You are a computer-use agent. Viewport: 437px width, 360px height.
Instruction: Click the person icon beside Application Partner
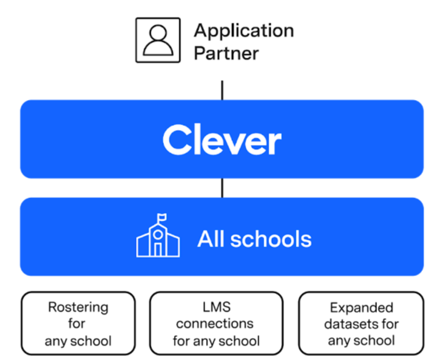tap(157, 40)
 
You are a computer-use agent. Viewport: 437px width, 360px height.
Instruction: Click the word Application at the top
tap(243, 31)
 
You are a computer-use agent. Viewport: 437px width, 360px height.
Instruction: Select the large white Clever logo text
tap(222, 140)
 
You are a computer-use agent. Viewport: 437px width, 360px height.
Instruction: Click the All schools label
tap(254, 239)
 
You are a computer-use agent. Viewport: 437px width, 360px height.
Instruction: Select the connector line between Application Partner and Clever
tap(222, 89)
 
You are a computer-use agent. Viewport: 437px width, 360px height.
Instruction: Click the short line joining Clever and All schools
tap(222, 188)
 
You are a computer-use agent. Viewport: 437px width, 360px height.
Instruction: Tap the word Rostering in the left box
tap(78, 307)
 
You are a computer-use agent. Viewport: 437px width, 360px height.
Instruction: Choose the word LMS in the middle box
tap(215, 307)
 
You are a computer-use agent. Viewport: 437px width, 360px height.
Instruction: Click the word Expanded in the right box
tap(361, 307)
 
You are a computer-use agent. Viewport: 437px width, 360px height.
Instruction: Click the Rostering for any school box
tap(78, 324)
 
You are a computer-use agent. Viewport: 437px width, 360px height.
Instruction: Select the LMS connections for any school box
tap(216, 324)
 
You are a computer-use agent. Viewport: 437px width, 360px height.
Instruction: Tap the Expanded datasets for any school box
tap(361, 324)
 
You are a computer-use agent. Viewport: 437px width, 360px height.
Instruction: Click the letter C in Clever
tap(175, 140)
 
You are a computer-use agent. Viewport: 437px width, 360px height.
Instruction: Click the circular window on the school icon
tap(158, 234)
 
